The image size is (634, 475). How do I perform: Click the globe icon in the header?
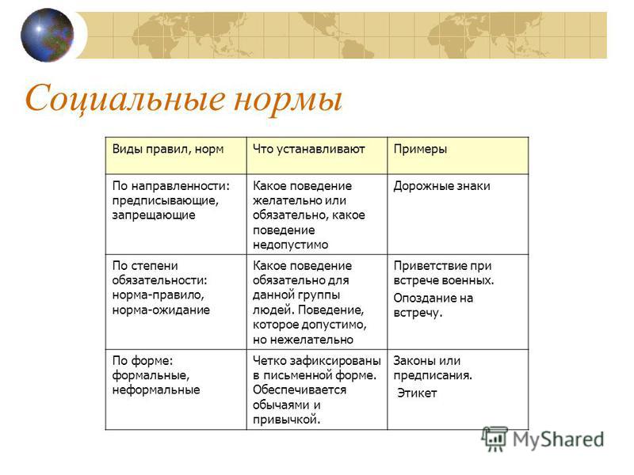point(48,35)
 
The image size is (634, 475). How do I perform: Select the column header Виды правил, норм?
point(168,150)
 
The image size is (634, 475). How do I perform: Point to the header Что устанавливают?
point(309,150)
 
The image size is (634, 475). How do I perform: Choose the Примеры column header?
point(420,150)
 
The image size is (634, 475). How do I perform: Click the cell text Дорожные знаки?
point(441,186)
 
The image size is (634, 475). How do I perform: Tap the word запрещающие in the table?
point(154,215)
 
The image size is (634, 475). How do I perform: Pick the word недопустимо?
point(290,245)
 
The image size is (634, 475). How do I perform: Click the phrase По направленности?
point(170,186)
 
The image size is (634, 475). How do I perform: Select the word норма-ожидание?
point(161,310)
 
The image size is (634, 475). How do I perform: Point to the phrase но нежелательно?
point(303,340)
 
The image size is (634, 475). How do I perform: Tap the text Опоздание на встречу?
point(433,306)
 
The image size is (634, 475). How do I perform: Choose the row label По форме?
point(143,361)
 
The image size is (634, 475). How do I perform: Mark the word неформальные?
point(156,390)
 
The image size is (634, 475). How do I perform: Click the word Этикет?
point(417,393)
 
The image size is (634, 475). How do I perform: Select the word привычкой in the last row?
point(286,420)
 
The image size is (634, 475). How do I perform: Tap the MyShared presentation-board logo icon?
point(494,439)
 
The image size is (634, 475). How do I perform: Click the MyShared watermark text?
point(558,439)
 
